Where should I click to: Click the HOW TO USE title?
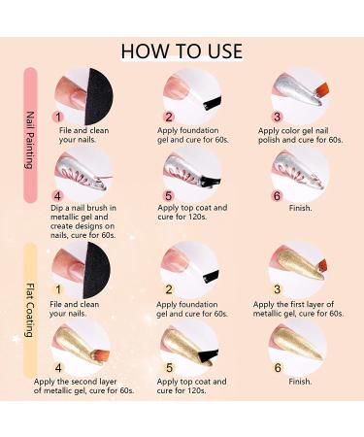click(182, 51)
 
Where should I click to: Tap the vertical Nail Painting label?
click(30, 140)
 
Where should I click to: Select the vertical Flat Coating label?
click(30, 311)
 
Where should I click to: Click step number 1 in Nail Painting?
click(58, 117)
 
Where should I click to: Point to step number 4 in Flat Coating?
click(58, 368)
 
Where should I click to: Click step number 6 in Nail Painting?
click(277, 196)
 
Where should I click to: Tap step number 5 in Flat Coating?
click(169, 368)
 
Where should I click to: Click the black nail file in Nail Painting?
click(99, 96)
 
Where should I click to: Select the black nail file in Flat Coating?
click(96, 270)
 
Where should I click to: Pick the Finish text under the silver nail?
click(300, 208)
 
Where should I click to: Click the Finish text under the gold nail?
click(300, 382)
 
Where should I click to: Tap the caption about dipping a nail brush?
click(83, 221)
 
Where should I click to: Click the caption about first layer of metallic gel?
click(298, 309)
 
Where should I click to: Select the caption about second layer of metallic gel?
click(83, 387)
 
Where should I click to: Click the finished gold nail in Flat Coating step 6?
click(296, 344)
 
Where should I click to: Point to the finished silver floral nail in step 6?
click(299, 171)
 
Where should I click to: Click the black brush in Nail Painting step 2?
click(213, 103)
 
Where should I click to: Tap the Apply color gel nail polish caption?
click(301, 135)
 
